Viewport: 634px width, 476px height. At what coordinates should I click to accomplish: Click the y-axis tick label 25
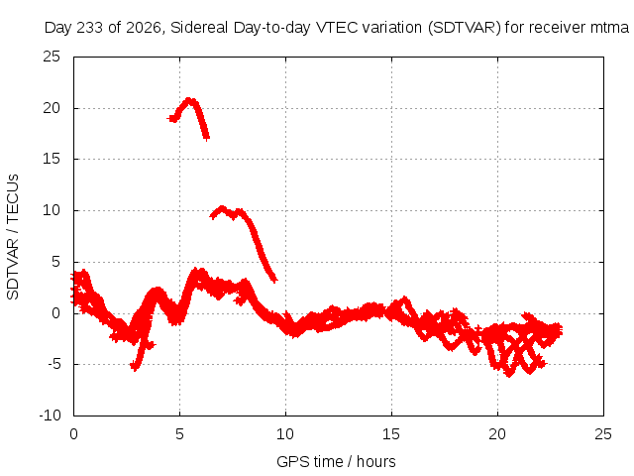(52, 57)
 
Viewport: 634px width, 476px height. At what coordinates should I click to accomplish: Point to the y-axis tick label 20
(52, 108)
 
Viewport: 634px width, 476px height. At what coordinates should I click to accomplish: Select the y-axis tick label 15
(52, 159)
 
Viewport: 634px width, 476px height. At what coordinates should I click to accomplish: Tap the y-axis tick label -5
(53, 364)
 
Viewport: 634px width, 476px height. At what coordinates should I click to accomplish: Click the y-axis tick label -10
(50, 416)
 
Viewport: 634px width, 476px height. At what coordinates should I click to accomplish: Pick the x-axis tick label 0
(73, 434)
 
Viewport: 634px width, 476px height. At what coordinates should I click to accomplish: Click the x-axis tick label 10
(285, 434)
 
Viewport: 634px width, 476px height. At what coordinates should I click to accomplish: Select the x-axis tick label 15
(391, 434)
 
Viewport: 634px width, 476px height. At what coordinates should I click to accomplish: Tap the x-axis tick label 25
(603, 434)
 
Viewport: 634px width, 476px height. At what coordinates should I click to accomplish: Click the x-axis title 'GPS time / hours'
(336, 462)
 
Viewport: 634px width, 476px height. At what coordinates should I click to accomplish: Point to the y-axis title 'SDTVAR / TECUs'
(13, 237)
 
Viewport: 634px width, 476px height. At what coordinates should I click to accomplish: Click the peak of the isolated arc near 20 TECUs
(189, 99)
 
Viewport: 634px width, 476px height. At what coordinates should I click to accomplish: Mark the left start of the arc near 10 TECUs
(212, 216)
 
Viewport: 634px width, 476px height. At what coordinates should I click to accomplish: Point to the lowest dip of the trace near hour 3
(135, 368)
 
